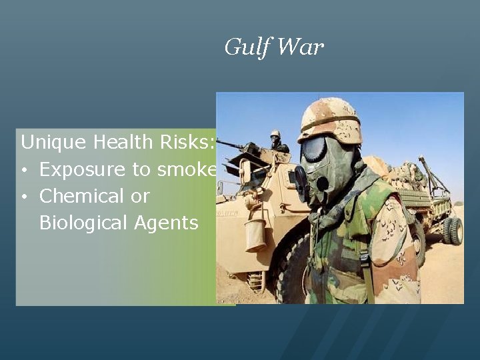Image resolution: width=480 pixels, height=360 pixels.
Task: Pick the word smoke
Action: point(187,169)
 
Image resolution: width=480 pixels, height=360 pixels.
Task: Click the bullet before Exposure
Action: point(24,170)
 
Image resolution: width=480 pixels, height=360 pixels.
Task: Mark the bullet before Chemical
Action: point(24,197)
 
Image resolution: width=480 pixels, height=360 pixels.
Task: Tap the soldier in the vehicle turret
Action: point(275,141)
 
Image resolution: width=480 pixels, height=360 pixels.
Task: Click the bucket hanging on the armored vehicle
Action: point(255,234)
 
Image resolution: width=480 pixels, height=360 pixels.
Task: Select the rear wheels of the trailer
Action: point(453,231)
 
